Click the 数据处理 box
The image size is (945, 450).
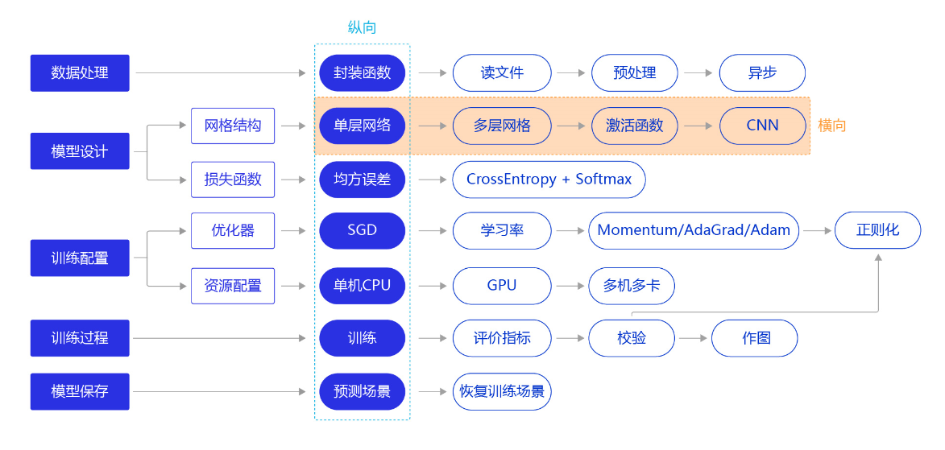point(80,73)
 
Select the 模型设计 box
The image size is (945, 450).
point(80,151)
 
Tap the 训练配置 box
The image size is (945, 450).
point(80,258)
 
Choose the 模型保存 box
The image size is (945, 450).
point(80,391)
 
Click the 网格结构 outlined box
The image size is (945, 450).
point(233,126)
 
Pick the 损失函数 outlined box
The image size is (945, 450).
point(233,180)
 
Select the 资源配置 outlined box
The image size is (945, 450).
point(233,286)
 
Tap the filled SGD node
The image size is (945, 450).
point(363,231)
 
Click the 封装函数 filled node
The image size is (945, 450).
point(363,73)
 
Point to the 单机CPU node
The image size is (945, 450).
point(363,286)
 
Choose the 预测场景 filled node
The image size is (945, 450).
point(363,391)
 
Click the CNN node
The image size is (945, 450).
point(762,126)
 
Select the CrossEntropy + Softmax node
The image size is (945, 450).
point(549,180)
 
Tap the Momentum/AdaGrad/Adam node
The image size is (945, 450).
point(694,231)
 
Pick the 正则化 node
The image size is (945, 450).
point(877,231)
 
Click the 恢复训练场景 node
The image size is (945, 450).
point(502,391)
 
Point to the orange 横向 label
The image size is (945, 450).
point(831,126)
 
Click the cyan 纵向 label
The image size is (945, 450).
point(363,27)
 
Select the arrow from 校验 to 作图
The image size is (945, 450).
point(693,339)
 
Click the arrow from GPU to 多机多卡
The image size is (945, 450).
point(570,286)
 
